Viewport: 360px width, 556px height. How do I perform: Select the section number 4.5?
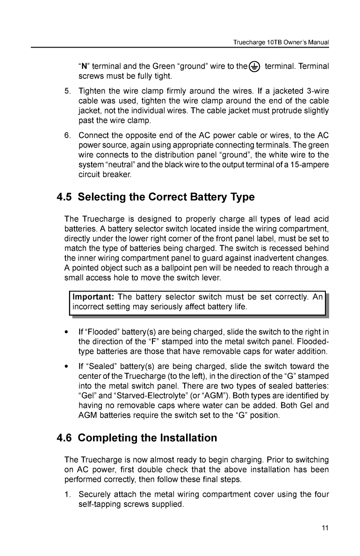[x=64, y=197]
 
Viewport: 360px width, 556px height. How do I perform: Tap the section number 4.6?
[x=64, y=438]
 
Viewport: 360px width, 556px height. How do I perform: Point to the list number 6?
[x=67, y=136]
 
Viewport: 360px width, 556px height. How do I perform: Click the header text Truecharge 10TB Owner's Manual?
[x=281, y=43]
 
